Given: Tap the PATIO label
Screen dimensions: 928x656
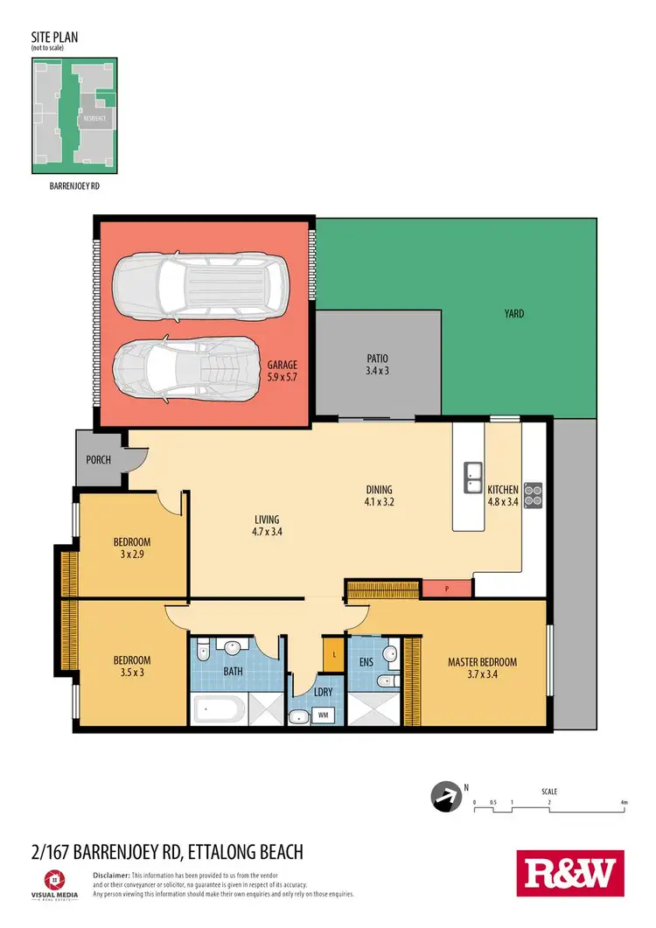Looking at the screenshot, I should (x=377, y=358).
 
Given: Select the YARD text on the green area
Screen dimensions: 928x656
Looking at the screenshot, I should (x=514, y=312).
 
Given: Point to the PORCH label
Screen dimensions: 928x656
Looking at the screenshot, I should (x=99, y=458).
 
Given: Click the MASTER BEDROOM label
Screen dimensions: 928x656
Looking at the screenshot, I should (x=482, y=662).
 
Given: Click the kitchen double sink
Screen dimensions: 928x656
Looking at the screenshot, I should (x=472, y=477).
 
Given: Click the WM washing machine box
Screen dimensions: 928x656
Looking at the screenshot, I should (x=323, y=715).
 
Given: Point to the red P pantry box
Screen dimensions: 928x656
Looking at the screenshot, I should (x=447, y=590).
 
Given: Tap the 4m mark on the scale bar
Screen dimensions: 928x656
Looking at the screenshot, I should (x=623, y=802).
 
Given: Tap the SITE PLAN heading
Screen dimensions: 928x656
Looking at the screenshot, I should (x=52, y=39).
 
